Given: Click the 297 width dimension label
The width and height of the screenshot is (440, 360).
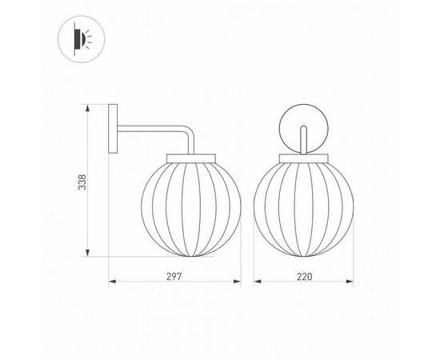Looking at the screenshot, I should (x=174, y=275).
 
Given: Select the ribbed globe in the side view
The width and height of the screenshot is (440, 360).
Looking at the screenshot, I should (x=191, y=206).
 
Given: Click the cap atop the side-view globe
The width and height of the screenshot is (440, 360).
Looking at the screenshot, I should (x=191, y=156).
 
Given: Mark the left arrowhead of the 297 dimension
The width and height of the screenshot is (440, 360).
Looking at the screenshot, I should (x=112, y=282).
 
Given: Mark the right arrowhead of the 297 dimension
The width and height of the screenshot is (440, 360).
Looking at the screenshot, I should (x=238, y=282).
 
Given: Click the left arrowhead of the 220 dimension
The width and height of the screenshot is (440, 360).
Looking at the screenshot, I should (x=257, y=282).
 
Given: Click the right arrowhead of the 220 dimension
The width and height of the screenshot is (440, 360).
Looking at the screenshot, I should (x=350, y=282).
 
